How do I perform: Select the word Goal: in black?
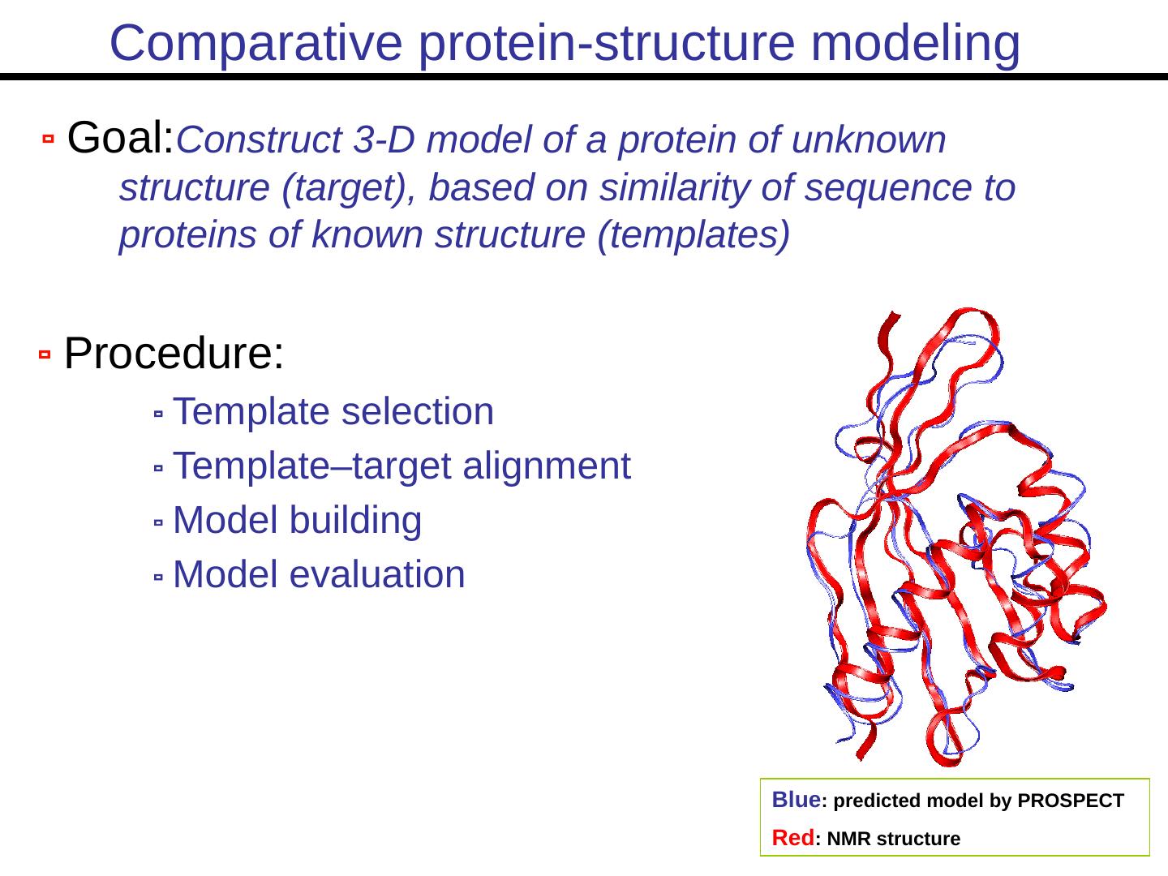tap(121, 137)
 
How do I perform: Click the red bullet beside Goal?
tap(49, 139)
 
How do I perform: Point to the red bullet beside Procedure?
tap(45, 354)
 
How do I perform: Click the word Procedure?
tap(174, 353)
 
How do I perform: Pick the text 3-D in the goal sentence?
tap(384, 140)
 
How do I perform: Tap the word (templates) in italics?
tap(693, 234)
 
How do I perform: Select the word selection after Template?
tap(418, 411)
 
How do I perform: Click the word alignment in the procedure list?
tap(547, 466)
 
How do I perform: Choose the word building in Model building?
tap(356, 520)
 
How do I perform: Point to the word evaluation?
tap(377, 574)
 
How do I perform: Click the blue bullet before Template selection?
tap(158, 414)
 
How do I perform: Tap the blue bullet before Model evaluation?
tap(158, 577)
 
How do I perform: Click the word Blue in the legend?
tap(796, 800)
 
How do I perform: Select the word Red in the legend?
tap(792, 838)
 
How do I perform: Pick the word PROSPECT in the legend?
tap(1071, 801)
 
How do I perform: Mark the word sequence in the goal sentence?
tap(887, 189)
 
